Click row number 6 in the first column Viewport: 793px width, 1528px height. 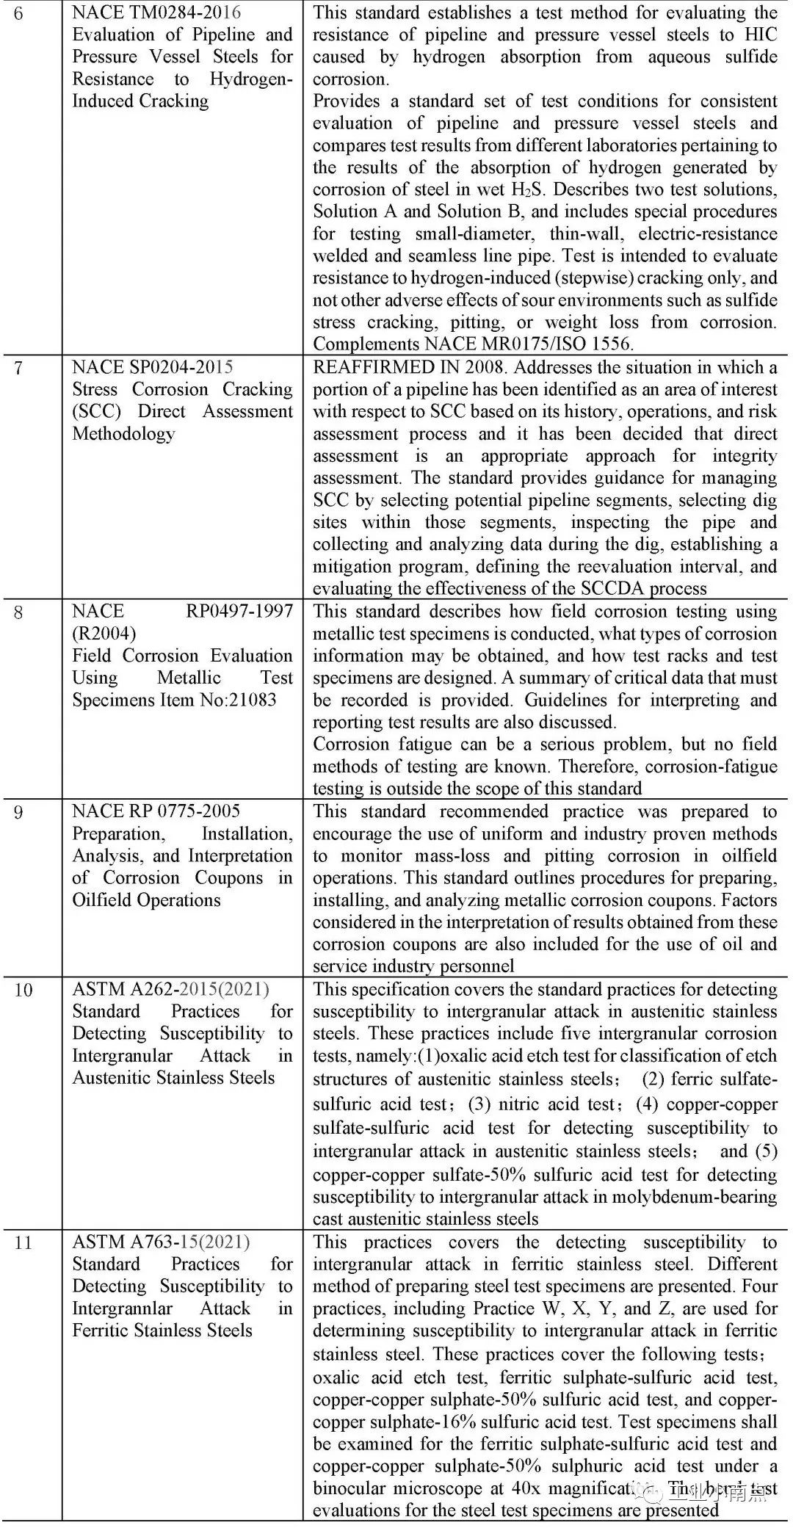(18, 14)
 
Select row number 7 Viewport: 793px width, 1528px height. (18, 368)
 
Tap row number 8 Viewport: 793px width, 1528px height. (18, 612)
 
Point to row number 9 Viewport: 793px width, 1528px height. (18, 812)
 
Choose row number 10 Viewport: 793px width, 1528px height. (23, 990)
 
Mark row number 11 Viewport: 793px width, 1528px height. (23, 1242)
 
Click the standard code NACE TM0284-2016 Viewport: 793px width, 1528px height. (156, 12)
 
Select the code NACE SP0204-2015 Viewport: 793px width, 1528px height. (153, 367)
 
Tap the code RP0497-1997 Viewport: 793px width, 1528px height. (239, 611)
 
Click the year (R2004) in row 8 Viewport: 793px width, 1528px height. (104, 633)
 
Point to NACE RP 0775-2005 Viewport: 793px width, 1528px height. (156, 811)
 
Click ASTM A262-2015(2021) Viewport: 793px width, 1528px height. (170, 989)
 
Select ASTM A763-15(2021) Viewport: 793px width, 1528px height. (161, 1242)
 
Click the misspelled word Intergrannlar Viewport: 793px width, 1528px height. (122, 1308)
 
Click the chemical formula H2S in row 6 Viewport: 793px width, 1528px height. (529, 189)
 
